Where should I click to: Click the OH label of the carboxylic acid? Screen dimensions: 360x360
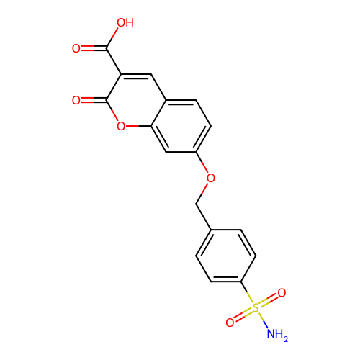tap(125, 23)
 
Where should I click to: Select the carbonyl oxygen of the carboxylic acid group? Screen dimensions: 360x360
tap(76, 48)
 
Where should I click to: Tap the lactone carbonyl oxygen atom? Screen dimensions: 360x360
tap(76, 100)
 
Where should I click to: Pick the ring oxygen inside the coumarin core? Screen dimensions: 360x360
tap(121, 126)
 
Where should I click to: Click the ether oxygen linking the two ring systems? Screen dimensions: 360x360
tap(211, 178)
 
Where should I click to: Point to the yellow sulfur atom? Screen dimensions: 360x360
tap(256, 307)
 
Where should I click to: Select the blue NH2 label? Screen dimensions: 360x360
tap(277, 334)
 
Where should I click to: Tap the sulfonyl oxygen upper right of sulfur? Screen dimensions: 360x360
tap(282, 293)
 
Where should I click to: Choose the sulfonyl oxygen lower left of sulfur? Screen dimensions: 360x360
tap(230, 323)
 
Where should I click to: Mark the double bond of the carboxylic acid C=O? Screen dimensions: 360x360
tap(94, 48)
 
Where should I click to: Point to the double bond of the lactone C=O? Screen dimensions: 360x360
tap(94, 100)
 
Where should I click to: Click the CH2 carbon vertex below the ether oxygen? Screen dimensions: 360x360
tap(196, 204)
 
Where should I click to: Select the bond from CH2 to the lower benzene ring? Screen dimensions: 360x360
tap(204, 217)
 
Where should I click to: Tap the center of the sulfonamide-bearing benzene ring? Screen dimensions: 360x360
tap(226, 256)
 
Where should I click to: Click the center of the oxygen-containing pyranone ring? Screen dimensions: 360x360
tap(136, 100)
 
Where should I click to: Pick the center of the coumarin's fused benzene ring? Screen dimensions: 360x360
tap(181, 126)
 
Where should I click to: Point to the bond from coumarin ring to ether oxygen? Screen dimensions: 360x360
tap(202, 162)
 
